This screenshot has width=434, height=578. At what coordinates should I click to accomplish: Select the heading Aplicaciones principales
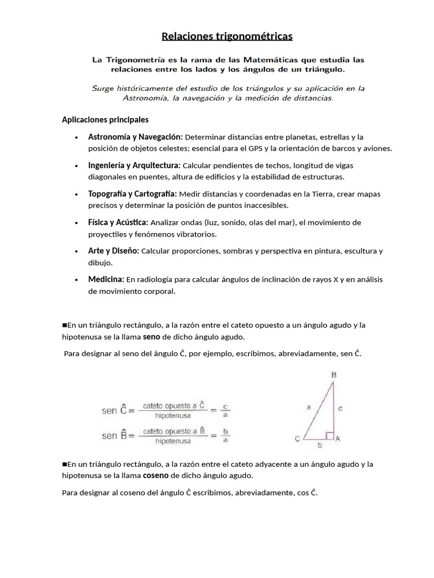(105, 120)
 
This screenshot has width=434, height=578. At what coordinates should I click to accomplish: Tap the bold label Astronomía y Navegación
(135, 137)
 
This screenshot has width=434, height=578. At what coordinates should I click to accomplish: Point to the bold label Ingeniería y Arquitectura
(134, 165)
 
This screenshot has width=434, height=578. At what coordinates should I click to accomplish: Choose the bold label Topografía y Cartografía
(132, 194)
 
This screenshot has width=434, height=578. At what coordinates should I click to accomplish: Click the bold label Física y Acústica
(118, 222)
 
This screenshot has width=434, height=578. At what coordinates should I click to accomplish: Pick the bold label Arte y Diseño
(114, 251)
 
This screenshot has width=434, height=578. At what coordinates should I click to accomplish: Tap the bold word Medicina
(106, 279)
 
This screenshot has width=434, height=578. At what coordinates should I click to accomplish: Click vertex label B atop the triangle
(334, 375)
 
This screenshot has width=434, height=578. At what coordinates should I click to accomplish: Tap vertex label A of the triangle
(337, 438)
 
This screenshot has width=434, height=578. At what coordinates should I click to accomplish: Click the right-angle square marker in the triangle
(330, 435)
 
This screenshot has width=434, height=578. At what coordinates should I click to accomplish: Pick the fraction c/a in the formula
(226, 410)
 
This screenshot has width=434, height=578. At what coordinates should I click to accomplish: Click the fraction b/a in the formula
(226, 436)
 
